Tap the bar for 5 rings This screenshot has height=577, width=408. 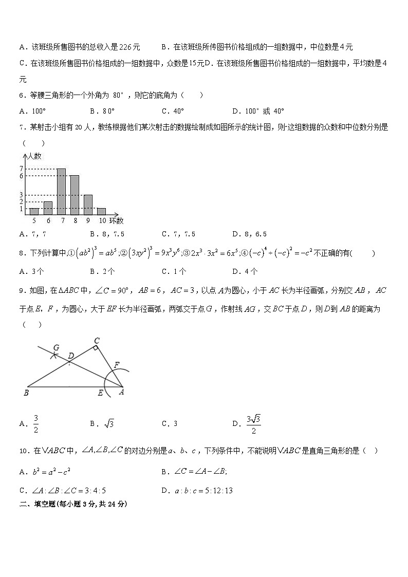tap(34, 211)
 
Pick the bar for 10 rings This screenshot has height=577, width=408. tap(101, 211)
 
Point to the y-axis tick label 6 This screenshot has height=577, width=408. tap(21, 176)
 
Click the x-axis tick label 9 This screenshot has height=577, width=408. tap(88, 221)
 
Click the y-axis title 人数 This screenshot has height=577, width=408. tap(35, 156)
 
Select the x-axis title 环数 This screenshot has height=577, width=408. tap(117, 221)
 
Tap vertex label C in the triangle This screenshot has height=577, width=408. tap(97, 340)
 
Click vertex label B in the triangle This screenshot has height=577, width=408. tap(26, 393)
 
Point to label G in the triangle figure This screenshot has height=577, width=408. tap(57, 347)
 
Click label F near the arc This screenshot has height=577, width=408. tap(116, 365)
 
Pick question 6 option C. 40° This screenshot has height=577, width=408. tap(173, 110)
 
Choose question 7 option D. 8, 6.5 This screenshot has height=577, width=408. tap(249, 234)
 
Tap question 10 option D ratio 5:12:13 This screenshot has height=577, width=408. tap(197, 491)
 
